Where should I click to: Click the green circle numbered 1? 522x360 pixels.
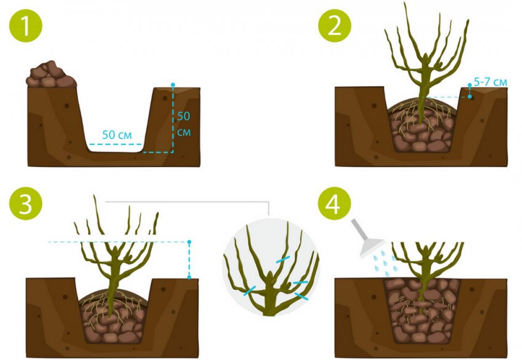pos(26,25)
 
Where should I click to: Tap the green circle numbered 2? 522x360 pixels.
pos(335,25)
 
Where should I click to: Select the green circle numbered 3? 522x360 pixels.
pos(26,203)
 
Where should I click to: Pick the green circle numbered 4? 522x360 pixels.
pos(335,203)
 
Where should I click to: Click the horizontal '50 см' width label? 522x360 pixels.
pos(117,135)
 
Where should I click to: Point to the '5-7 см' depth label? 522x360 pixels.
pos(491,82)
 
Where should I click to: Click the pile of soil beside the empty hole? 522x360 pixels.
pos(51,74)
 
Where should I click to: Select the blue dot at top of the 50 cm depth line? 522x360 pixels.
pos(173,85)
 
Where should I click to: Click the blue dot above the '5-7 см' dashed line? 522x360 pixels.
pos(470,85)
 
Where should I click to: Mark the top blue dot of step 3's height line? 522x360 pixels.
pos(189,242)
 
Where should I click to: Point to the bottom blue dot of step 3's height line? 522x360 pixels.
pos(189,277)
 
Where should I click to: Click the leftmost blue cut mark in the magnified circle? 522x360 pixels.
pos(250,291)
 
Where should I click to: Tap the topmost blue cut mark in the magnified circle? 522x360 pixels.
pos(283,259)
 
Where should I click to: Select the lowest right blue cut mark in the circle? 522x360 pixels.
pos(302,296)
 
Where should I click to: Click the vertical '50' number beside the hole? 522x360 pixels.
pos(184,116)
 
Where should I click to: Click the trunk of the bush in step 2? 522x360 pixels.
pos(422,100)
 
